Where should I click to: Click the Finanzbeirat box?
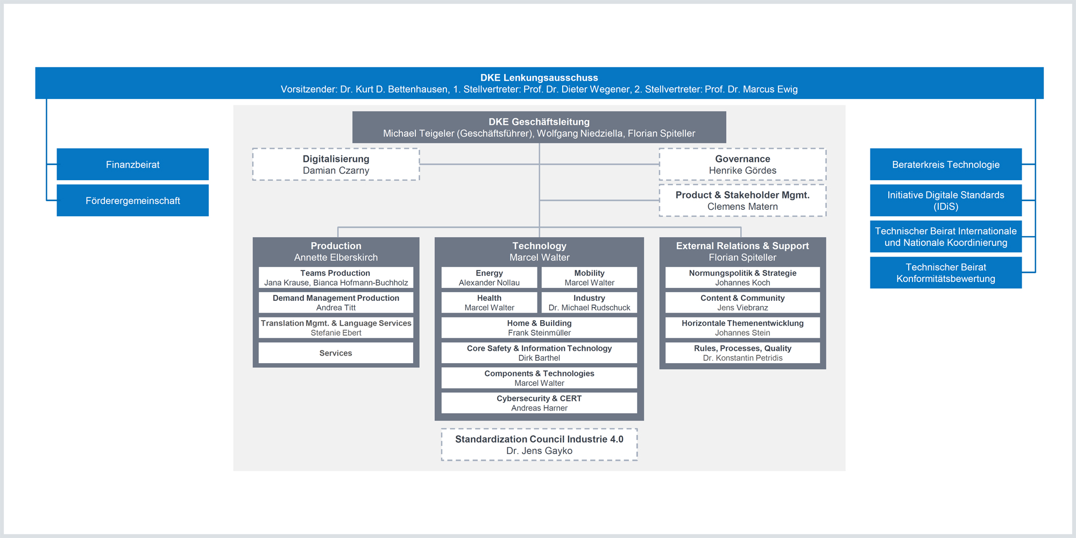[133, 164]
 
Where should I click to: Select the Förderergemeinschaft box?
[133, 200]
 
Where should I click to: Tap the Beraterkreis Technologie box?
[946, 164]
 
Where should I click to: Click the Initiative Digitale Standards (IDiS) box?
[946, 200]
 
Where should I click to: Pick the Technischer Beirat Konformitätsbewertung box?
[946, 272]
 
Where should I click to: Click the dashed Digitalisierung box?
[336, 164]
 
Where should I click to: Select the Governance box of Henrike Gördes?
[742, 164]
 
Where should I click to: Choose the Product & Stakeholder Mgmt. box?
[742, 200]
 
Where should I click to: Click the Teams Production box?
[336, 278]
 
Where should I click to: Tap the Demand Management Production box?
[336, 302]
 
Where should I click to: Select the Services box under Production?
[336, 353]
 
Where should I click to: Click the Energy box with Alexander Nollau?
[489, 278]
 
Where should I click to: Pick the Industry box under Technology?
[589, 302]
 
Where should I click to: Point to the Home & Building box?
[539, 328]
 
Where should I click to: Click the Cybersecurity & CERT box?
[539, 403]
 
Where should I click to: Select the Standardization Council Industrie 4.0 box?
[539, 444]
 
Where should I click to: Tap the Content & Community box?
[742, 302]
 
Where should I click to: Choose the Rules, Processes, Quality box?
[742, 353]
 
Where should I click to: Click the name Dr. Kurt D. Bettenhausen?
[394, 89]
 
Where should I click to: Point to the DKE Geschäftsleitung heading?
[539, 122]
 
